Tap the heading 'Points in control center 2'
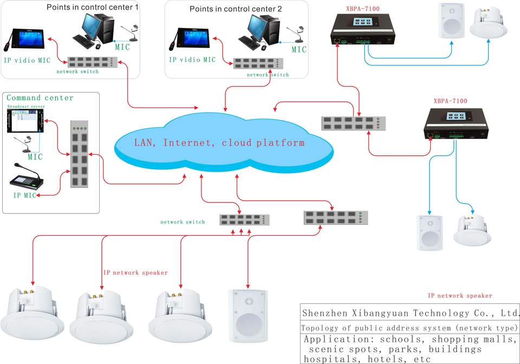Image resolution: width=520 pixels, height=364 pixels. [236, 9]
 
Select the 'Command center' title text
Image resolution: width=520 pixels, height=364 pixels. [40, 98]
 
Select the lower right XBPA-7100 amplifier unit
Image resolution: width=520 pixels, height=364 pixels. [456, 123]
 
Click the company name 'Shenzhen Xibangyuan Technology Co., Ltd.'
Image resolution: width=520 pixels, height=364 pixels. [410, 313]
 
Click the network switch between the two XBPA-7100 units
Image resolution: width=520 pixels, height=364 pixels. [355, 123]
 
